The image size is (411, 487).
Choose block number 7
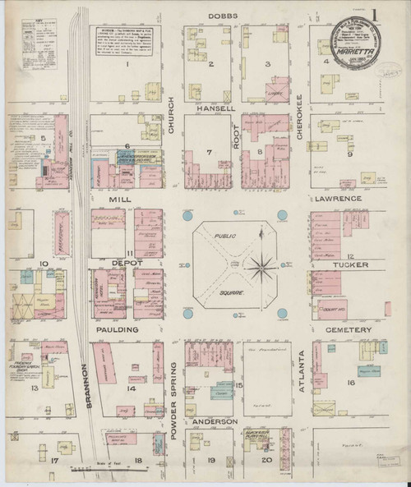210,152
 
